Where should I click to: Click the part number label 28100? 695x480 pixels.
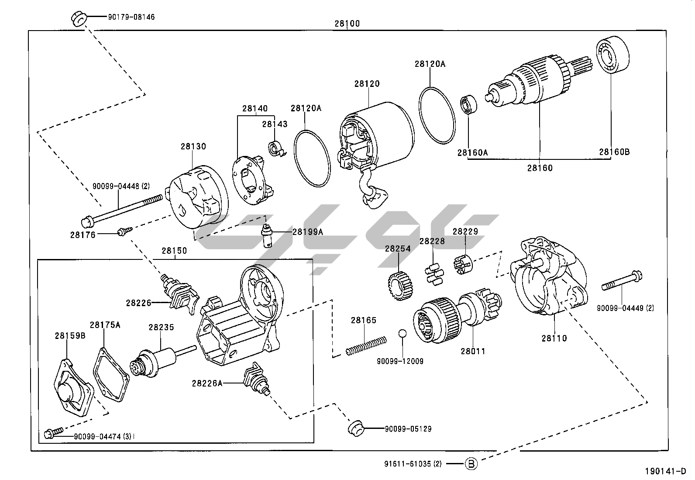[x=347, y=24]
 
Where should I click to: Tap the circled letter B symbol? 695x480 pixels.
[x=471, y=463]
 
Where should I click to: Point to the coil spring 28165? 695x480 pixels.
[x=366, y=345]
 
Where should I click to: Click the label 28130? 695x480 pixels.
[x=193, y=146]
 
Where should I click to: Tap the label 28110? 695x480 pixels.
[x=554, y=338]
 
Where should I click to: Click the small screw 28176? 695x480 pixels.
[x=122, y=231]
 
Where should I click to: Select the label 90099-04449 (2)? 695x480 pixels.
[x=626, y=308]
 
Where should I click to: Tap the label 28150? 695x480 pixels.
[x=174, y=251]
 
